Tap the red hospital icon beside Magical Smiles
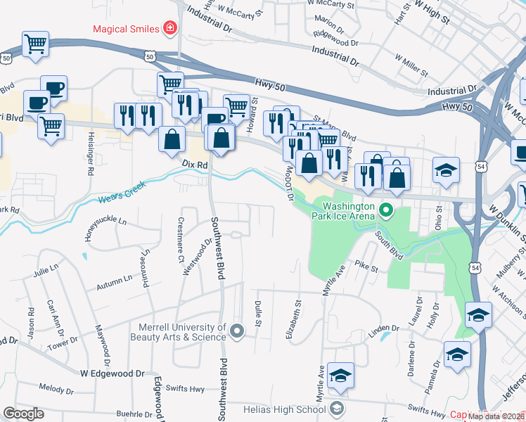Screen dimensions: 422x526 [x=169, y=29]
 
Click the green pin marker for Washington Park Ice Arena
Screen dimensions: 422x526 [x=385, y=210]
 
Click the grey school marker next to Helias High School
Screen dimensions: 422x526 [x=337, y=409]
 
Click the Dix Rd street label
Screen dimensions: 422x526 [x=195, y=164]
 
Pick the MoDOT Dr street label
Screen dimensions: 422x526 [x=288, y=183]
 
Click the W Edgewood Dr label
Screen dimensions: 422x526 [x=112, y=373]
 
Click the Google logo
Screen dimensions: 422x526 [x=23, y=414]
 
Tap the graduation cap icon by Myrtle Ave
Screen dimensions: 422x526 [x=340, y=376]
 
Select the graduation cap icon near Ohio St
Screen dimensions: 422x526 [x=446, y=170]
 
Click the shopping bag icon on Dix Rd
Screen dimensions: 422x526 [x=172, y=139]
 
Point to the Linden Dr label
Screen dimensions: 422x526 [x=383, y=328]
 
